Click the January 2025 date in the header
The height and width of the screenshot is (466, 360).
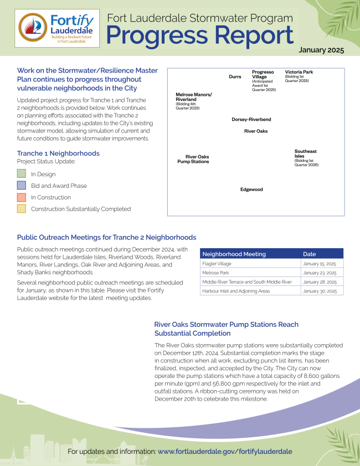coord(321,50)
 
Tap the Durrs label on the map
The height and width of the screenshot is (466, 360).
coord(235,76)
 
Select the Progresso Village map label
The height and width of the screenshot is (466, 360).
coord(263,75)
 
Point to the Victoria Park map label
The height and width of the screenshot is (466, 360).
coord(299,72)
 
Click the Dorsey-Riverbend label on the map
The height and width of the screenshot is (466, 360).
coord(251,119)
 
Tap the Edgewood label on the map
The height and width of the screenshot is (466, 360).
coord(251,190)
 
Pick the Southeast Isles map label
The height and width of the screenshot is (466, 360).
coord(306,153)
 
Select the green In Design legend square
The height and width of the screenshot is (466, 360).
coord(22,174)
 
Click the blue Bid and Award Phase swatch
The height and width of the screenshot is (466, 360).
coord(22,186)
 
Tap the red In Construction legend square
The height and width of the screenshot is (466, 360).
coord(22,197)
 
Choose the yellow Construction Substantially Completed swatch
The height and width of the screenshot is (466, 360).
coord(22,209)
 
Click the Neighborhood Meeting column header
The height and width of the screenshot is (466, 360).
coord(234,254)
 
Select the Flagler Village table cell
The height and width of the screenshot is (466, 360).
coord(217,264)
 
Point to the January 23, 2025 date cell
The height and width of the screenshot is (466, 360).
coord(320,273)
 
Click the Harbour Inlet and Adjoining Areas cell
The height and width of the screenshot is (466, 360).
coord(236,291)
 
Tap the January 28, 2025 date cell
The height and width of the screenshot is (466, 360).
coord(320,282)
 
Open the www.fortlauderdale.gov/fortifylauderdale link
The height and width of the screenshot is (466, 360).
coord(225,452)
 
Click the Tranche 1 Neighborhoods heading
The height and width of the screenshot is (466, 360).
coord(58,153)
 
